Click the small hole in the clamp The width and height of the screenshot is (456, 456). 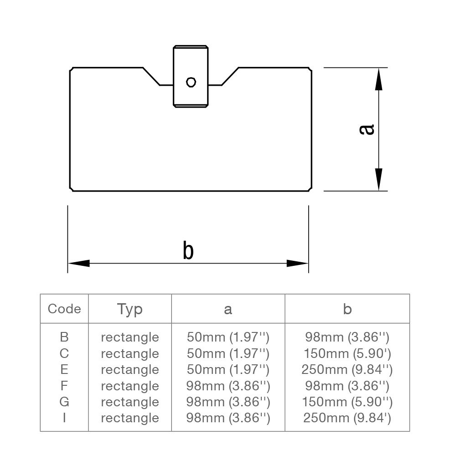point(191,82)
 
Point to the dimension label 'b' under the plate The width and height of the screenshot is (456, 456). point(188,251)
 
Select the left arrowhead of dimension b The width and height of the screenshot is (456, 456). point(79,263)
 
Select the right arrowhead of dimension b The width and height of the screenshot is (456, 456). point(297,263)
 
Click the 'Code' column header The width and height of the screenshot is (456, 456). point(64,309)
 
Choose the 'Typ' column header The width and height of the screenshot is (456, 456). point(130,309)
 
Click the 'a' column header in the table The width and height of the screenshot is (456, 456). point(228,310)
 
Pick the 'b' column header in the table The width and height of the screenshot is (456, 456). point(347,309)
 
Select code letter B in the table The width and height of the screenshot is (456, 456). point(64,337)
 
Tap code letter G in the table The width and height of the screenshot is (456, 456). point(64,402)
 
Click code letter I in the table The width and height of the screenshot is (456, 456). point(64,418)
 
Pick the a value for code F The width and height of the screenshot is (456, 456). point(228,386)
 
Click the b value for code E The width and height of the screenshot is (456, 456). point(347,369)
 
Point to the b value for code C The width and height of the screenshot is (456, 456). point(347,353)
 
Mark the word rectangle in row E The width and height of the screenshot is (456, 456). point(130,369)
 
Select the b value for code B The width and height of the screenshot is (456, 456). point(347,337)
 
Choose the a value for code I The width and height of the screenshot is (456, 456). point(228,418)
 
